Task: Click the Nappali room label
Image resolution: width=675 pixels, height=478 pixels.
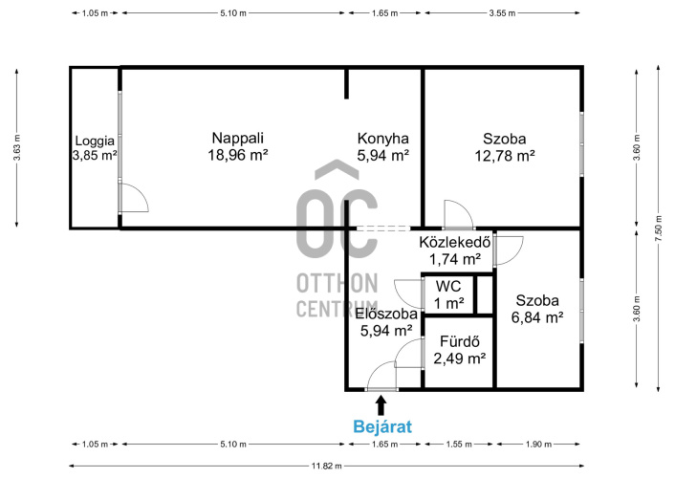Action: coord(238,139)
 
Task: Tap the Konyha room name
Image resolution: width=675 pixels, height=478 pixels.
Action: coord(382,139)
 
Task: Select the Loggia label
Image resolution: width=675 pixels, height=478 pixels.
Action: coord(95,141)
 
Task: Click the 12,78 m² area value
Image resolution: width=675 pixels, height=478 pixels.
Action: coord(505,156)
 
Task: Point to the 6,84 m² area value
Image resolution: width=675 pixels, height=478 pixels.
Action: coord(537,317)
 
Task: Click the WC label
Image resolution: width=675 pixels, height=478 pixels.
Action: coord(448,287)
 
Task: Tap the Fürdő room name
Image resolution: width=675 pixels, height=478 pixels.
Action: coord(460,341)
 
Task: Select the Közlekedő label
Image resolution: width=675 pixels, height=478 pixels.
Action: coord(455,242)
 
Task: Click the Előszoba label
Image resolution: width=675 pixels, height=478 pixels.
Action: coord(386,314)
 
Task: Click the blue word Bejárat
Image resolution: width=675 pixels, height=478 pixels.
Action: coord(382,426)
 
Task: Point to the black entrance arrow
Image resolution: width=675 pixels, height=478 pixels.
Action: coord(381,405)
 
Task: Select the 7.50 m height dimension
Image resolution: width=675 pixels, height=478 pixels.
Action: coord(658,228)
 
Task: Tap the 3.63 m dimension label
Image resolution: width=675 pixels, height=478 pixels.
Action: coord(17,148)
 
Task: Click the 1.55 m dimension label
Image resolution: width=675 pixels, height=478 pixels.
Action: coord(459,444)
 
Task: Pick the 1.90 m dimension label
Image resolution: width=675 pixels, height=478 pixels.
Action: coord(538,444)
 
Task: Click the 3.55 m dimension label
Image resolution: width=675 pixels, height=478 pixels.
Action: coord(502,13)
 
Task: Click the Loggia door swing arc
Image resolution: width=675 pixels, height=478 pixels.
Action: coord(141,191)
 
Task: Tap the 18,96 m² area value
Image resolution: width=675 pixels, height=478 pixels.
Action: coord(238,155)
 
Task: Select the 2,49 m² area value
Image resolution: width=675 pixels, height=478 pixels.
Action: coord(460,358)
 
